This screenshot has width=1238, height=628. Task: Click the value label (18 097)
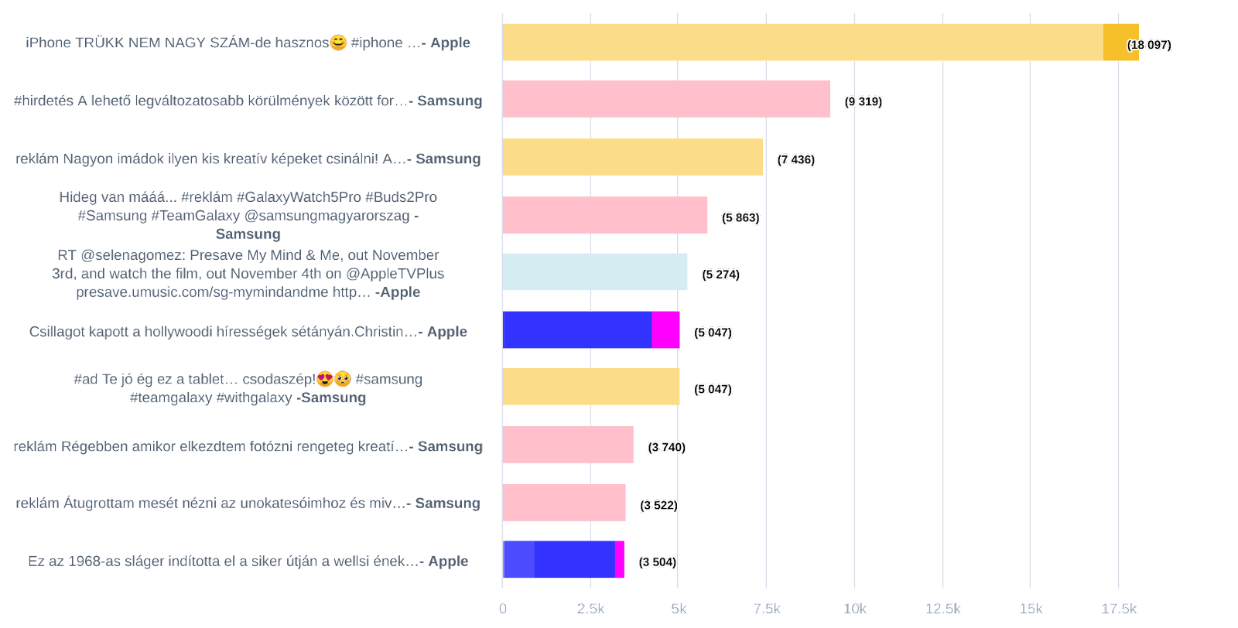(1149, 45)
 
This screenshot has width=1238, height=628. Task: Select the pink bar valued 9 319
(665, 99)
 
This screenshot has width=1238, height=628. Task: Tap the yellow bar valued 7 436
(632, 157)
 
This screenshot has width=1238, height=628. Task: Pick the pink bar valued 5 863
(604, 215)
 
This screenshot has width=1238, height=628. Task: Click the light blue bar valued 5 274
(594, 272)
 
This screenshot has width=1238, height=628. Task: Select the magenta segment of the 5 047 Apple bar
(665, 330)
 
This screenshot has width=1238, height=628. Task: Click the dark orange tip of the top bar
(1120, 43)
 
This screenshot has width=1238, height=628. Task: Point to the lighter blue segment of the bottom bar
(518, 560)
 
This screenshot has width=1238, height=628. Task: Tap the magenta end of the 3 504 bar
(620, 560)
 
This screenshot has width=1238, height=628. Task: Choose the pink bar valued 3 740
(567, 445)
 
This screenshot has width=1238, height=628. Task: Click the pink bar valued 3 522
(563, 503)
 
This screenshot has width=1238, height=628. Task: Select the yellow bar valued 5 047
(590, 387)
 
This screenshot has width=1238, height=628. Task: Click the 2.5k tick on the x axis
(590, 609)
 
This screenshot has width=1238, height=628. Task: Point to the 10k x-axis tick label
(854, 609)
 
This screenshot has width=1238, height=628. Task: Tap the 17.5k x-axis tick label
(1119, 609)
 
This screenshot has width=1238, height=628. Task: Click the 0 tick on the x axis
(503, 609)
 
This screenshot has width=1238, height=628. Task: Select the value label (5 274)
(720, 275)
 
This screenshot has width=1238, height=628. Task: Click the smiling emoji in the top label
(338, 43)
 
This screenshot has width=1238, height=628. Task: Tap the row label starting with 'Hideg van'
(248, 215)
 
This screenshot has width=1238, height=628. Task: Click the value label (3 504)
(657, 562)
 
